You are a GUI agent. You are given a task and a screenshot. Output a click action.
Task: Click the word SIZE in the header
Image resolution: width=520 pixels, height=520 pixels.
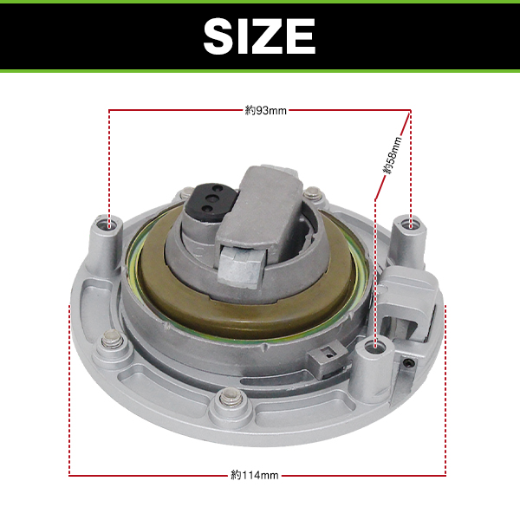(x=259, y=36)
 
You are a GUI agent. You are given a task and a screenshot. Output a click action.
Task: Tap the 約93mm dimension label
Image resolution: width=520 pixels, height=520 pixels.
(x=266, y=110)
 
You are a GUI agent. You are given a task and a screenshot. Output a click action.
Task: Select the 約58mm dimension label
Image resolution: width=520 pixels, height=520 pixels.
(x=393, y=155)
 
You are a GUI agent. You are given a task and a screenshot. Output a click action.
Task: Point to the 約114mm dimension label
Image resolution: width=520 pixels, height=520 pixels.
(x=254, y=475)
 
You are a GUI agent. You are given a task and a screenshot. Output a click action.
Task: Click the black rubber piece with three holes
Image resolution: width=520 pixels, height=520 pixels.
(x=211, y=200)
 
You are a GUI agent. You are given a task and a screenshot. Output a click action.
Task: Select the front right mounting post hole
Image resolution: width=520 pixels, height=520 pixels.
(x=374, y=347)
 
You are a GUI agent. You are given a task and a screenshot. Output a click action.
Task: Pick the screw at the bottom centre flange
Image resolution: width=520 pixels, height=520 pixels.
(x=230, y=397)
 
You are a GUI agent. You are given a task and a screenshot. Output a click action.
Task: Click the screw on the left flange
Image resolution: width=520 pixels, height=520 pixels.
(x=112, y=339)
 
